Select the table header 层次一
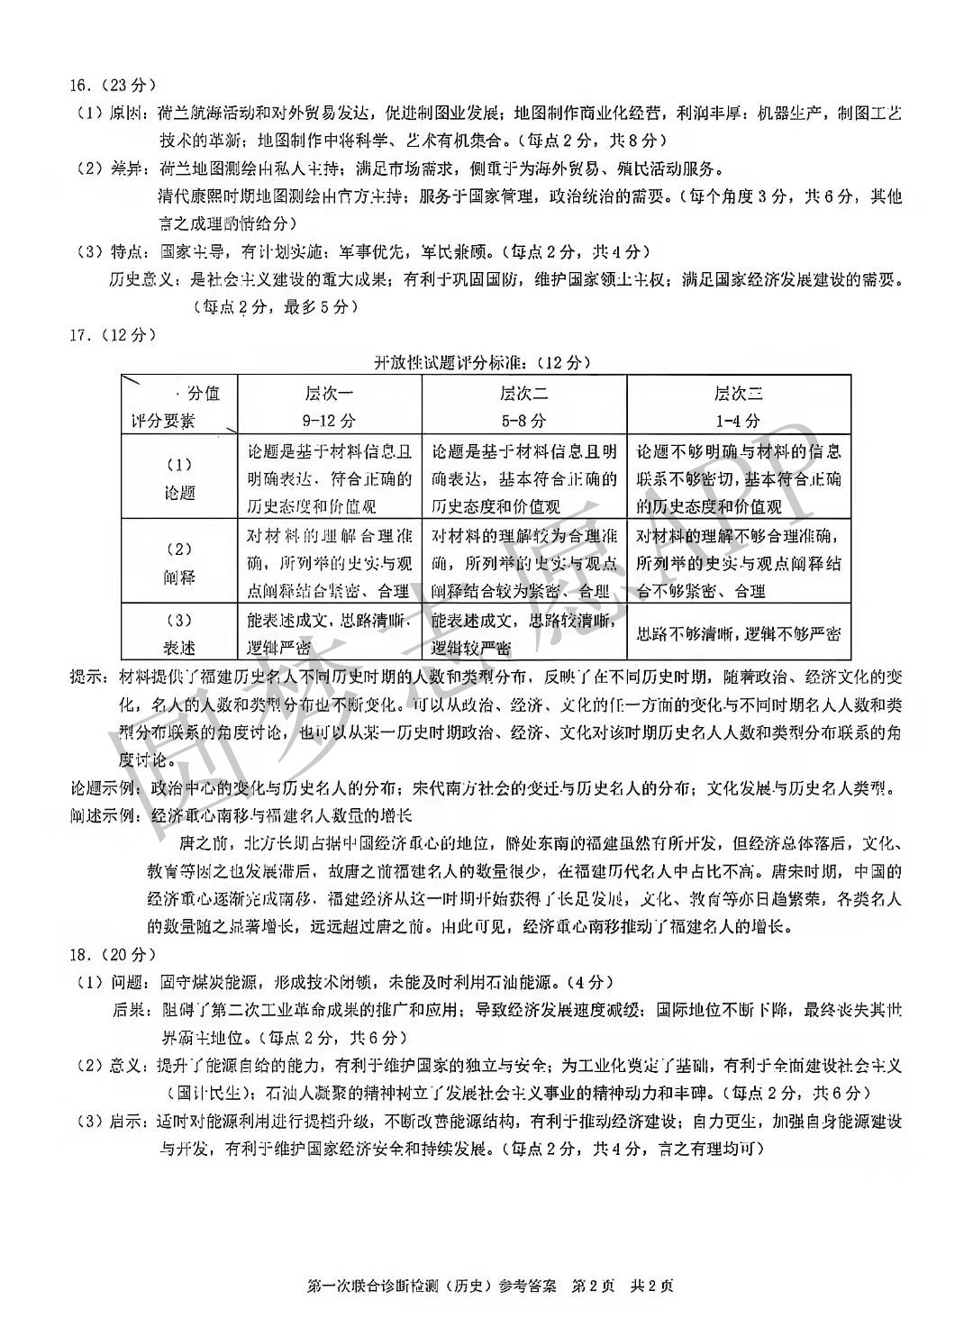330,393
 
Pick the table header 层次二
524,393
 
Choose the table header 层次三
738,393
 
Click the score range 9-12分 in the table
330,420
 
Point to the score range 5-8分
524,420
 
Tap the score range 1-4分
738,420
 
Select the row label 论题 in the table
179,493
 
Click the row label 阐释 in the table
179,577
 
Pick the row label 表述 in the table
179,648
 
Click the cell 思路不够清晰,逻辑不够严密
738,633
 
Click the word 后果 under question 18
128,1009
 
